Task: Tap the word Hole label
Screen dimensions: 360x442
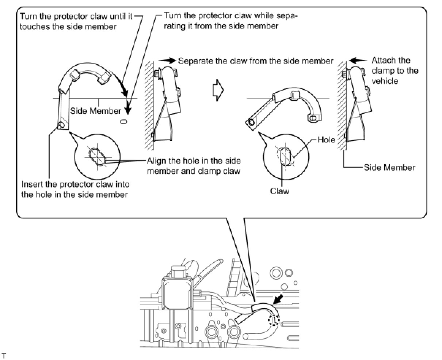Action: pos(326,140)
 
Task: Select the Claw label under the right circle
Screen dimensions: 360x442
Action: pos(279,191)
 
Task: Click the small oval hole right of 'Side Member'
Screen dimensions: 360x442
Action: pos(123,121)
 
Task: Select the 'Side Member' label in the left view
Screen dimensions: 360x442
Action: pos(95,111)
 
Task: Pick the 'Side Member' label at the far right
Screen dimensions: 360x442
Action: pos(390,168)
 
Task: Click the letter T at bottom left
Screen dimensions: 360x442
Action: pos(4,355)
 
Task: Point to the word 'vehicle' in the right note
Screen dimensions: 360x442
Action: pos(385,81)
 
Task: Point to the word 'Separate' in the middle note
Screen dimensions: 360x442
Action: pos(195,61)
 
